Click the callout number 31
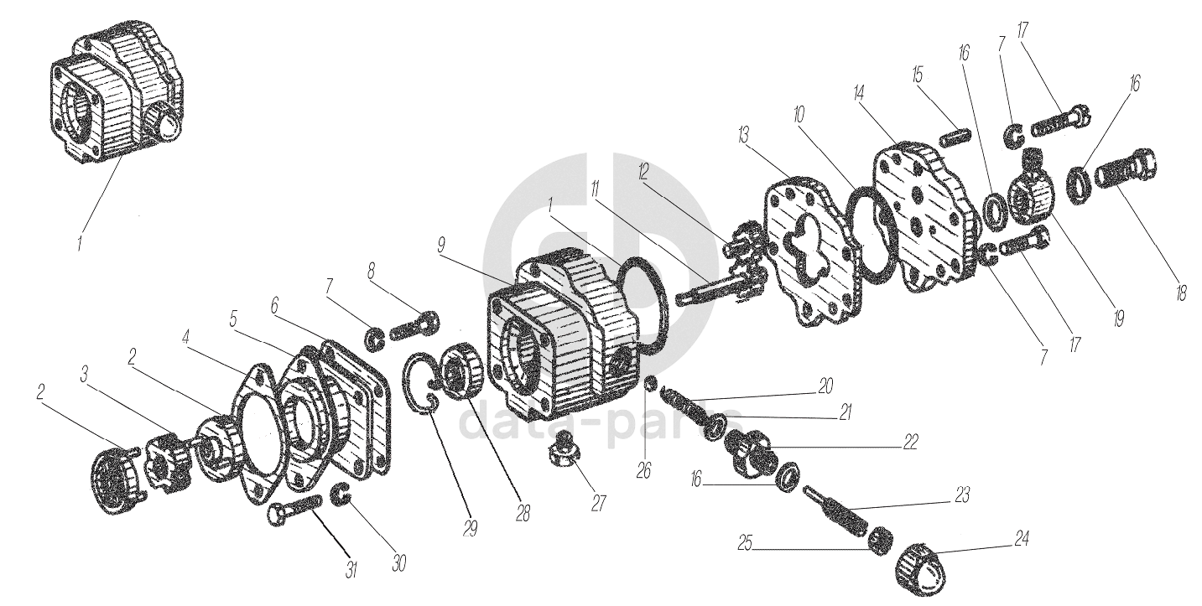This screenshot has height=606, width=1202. (x=352, y=571)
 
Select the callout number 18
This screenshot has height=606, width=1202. (x=1181, y=295)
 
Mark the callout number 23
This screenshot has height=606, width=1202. (x=961, y=496)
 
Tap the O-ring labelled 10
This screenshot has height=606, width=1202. (x=874, y=237)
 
